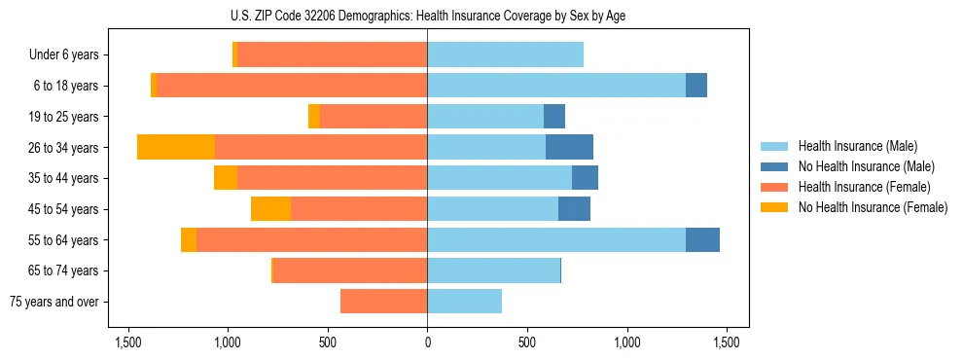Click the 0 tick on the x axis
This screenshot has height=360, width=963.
click(427, 342)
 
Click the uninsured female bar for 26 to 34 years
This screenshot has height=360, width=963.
click(176, 147)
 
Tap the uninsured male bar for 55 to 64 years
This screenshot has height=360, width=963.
click(702, 239)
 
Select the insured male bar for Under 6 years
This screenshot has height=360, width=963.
click(505, 54)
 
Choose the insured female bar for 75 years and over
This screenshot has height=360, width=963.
click(383, 302)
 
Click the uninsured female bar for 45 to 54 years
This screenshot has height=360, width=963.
click(270, 209)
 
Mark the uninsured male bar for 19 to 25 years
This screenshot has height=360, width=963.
click(554, 117)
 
